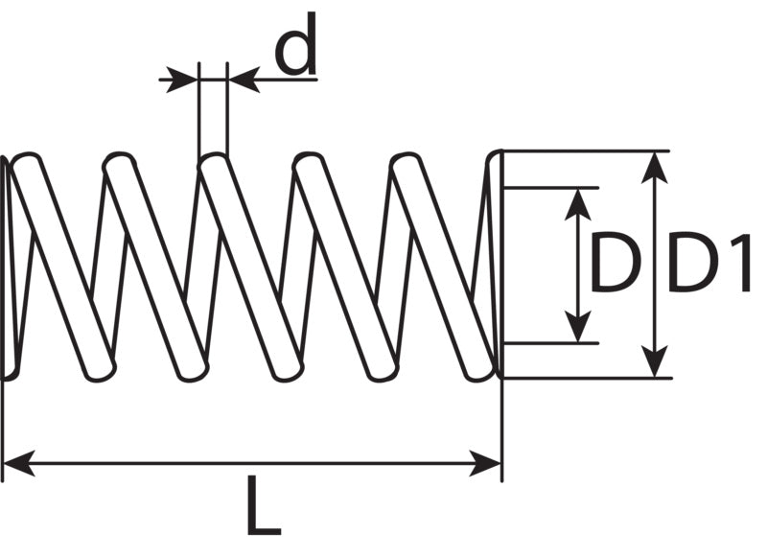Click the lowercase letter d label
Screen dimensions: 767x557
click(x=295, y=44)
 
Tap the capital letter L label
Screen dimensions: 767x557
click(x=264, y=504)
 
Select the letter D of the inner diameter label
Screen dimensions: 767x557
click(x=616, y=263)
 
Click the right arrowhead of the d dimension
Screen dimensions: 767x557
click(x=244, y=80)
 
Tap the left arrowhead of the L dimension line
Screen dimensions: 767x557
click(x=19, y=463)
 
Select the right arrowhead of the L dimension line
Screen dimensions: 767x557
click(x=485, y=463)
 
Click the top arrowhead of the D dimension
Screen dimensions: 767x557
click(x=578, y=205)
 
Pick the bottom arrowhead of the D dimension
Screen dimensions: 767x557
click(x=578, y=326)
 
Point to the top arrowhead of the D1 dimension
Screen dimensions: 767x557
click(x=655, y=168)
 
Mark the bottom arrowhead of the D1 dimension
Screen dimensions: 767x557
click(x=655, y=361)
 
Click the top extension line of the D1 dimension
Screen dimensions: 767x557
click(x=586, y=151)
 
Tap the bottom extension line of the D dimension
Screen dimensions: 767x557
click(x=550, y=343)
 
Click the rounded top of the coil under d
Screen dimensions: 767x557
click(x=213, y=159)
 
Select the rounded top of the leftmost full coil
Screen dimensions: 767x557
click(x=26, y=159)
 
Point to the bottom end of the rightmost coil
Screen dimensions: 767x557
click(x=477, y=374)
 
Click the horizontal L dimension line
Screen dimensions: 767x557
click(x=252, y=463)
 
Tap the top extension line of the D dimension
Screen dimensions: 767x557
click(x=550, y=187)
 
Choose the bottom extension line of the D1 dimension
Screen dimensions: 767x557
click(x=587, y=378)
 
